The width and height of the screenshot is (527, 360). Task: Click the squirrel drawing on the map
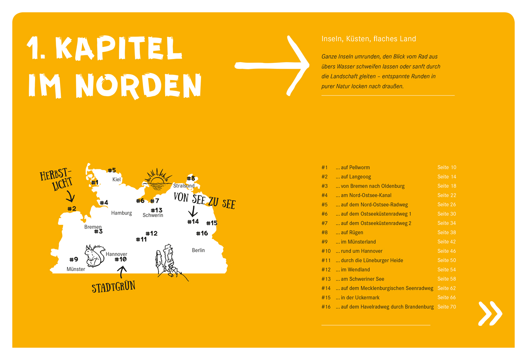point(94,256)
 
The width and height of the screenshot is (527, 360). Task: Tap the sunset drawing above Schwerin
point(157,179)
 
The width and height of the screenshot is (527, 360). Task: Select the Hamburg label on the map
point(122,213)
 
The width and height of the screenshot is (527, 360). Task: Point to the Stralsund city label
point(183,185)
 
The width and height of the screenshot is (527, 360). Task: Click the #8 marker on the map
point(191,178)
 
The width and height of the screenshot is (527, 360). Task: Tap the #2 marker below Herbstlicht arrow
point(72,209)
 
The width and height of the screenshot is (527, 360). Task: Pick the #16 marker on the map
point(202,233)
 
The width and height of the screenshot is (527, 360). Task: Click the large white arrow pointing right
point(272,65)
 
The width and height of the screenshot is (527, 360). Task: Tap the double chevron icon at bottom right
point(490,313)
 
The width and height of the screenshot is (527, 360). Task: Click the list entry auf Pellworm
point(355,168)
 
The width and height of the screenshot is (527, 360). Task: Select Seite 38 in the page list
point(447,233)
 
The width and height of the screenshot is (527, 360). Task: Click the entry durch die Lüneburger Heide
point(372,260)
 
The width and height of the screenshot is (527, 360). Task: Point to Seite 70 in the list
point(447,307)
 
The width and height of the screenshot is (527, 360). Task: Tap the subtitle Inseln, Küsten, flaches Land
point(369,39)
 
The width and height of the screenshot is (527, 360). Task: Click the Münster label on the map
point(76,269)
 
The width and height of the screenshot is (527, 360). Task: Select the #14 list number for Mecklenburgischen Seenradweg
point(326,288)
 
